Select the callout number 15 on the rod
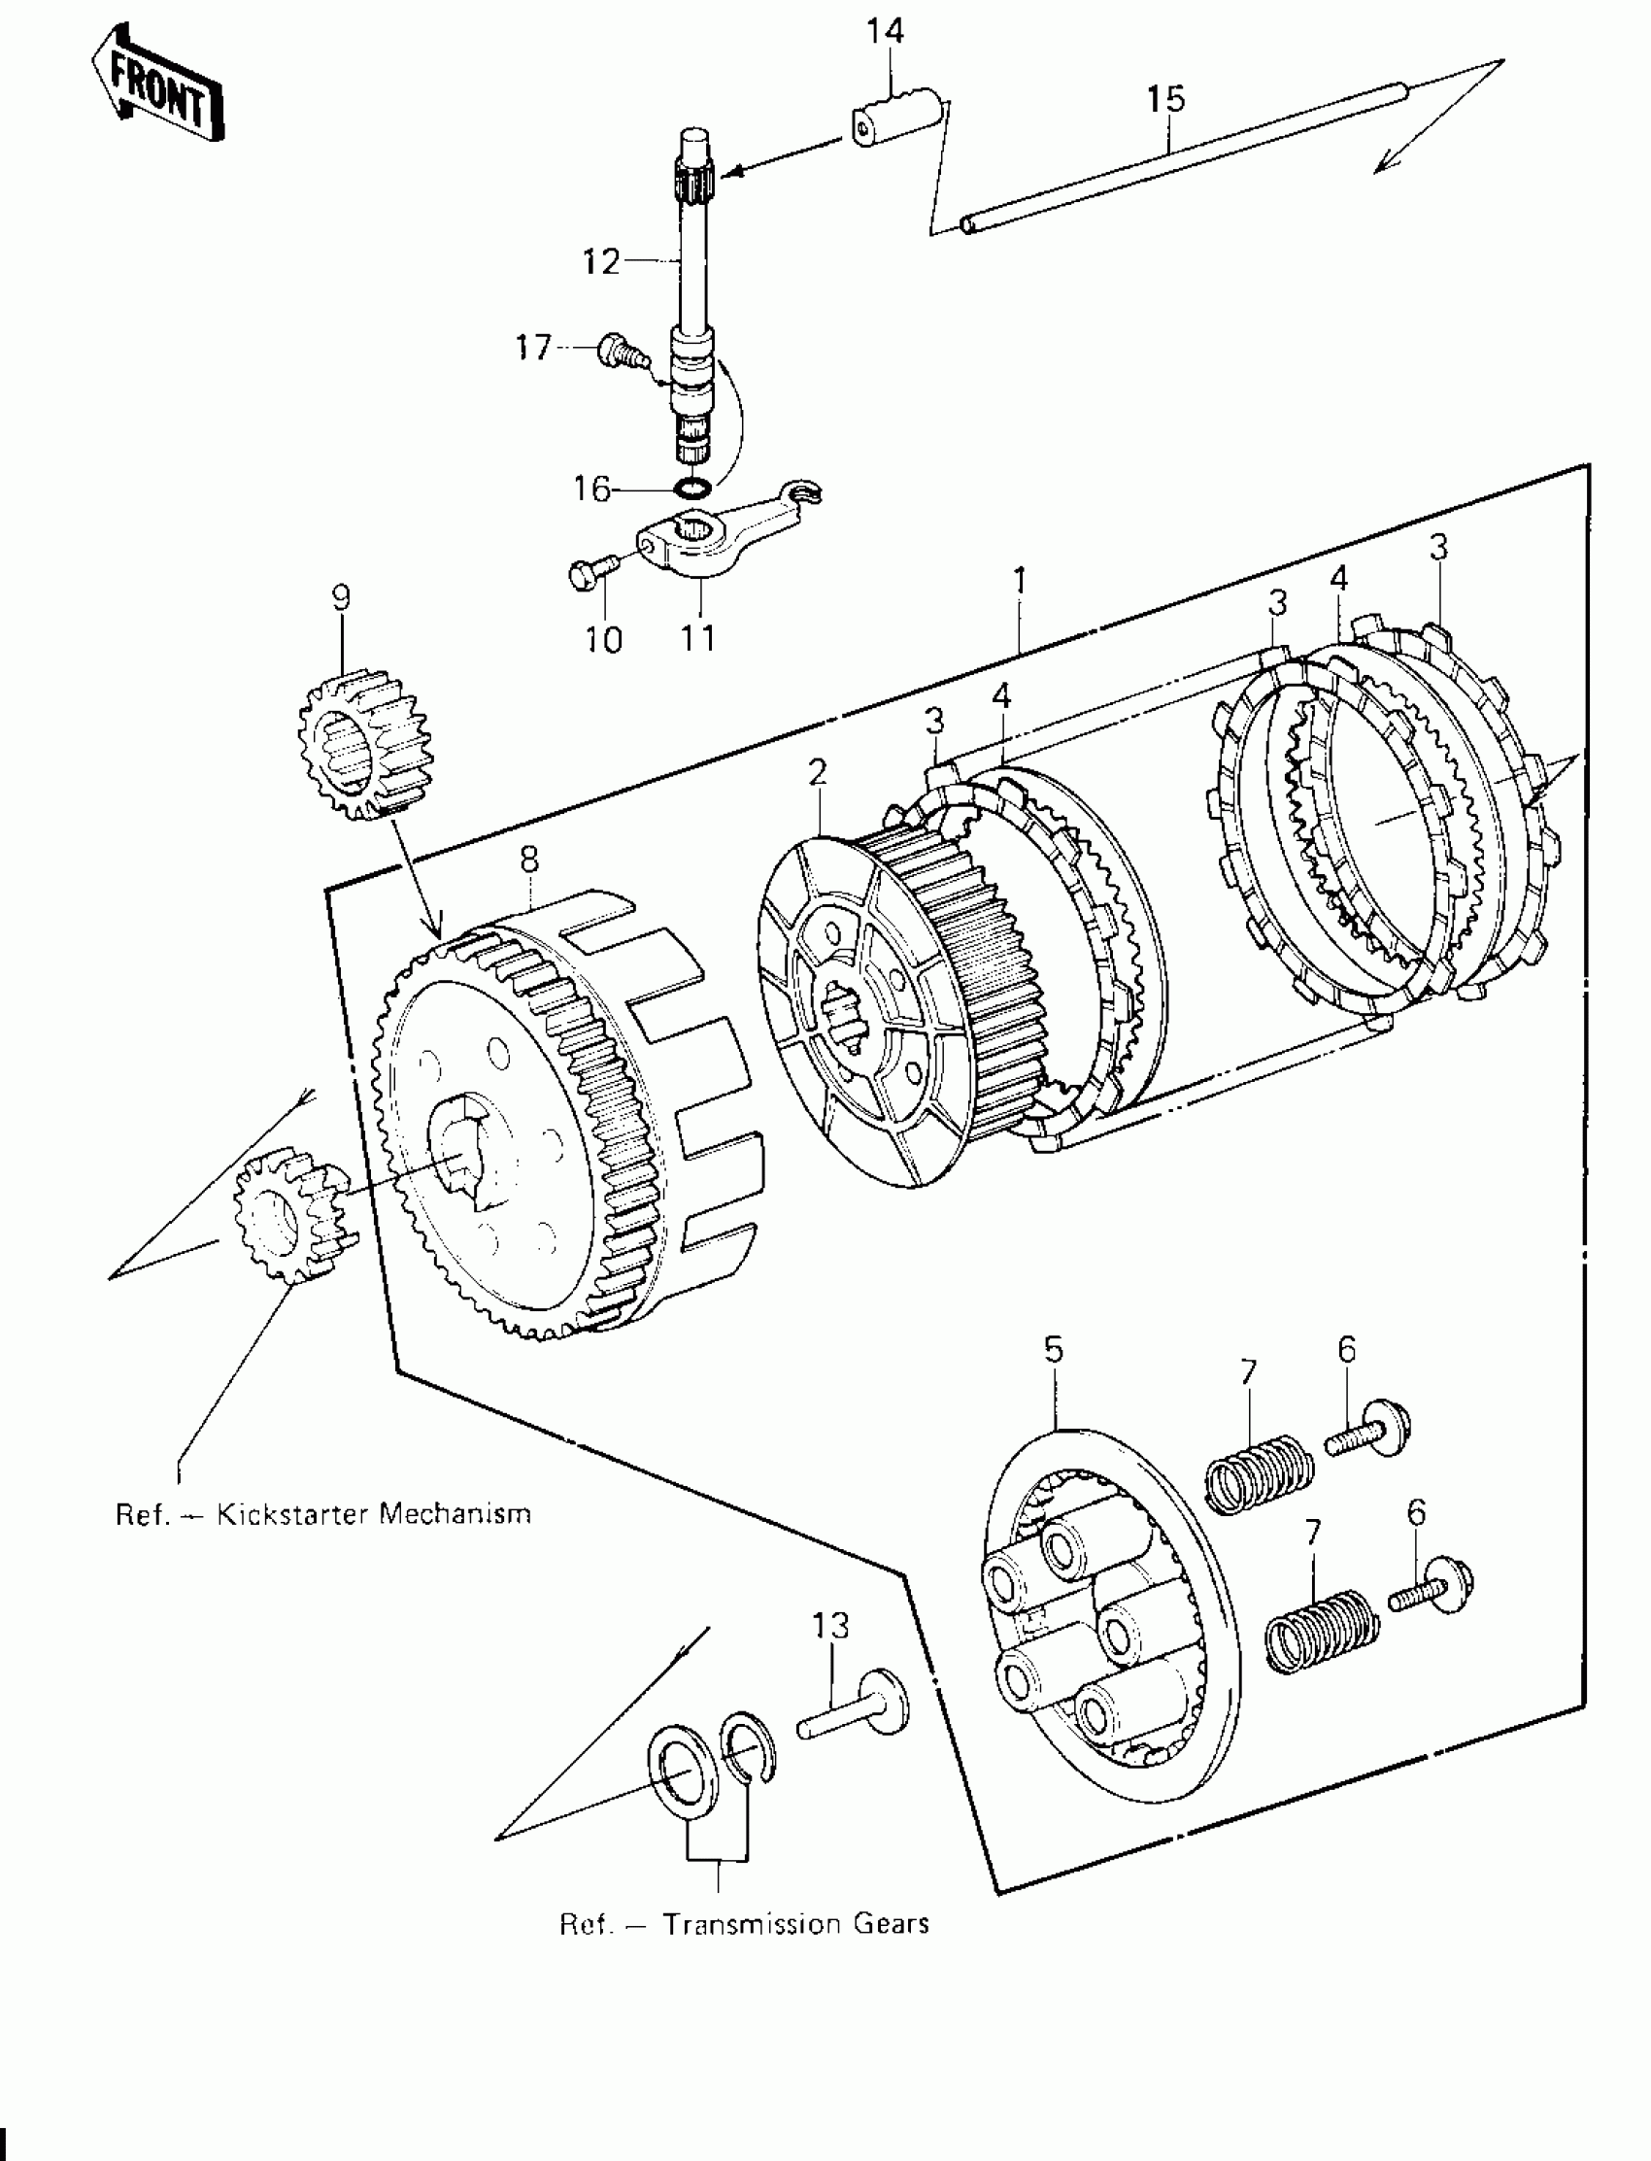[1165, 98]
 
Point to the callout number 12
[601, 262]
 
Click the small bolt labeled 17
[616, 351]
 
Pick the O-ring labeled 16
[694, 489]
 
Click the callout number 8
[528, 859]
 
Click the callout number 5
[1053, 1350]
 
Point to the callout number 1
[1020, 581]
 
